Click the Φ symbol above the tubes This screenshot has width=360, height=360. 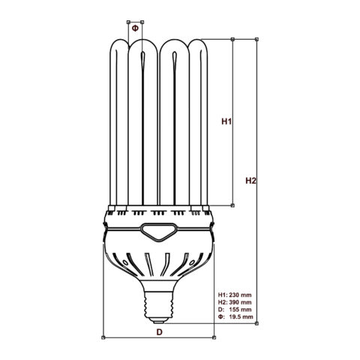pyautogui.click(x=135, y=28)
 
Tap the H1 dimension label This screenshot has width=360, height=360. pyautogui.click(x=226, y=121)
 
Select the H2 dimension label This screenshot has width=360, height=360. pyautogui.click(x=250, y=181)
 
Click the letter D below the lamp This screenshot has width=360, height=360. pyautogui.click(x=160, y=332)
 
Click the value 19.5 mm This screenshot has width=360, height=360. pyautogui.click(x=241, y=317)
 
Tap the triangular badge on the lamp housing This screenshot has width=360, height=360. pyautogui.click(x=157, y=232)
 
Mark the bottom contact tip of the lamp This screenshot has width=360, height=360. pyautogui.click(x=159, y=320)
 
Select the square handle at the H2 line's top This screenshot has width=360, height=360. pyautogui.click(x=256, y=39)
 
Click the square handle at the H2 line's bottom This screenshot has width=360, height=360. pyautogui.click(x=256, y=323)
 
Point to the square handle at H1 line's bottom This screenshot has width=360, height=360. pyautogui.click(x=232, y=205)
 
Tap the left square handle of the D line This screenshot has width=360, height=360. pyautogui.click(x=103, y=337)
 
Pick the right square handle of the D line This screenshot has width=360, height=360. pyautogui.click(x=214, y=337)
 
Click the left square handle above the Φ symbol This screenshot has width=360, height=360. pyautogui.click(x=128, y=22)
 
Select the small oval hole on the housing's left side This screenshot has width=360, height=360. pyautogui.click(x=124, y=262)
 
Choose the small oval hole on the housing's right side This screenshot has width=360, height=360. pyautogui.click(x=192, y=262)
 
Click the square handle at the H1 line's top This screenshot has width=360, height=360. pyautogui.click(x=232, y=39)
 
